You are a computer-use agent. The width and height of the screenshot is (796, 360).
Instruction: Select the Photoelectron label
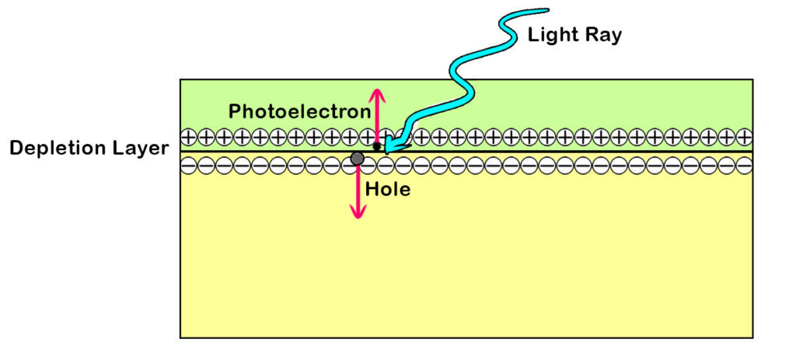299,111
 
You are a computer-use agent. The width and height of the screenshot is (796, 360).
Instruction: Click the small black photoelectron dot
377,146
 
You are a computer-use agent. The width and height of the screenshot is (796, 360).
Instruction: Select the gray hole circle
358,159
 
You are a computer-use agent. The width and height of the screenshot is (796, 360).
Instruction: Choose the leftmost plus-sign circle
188,137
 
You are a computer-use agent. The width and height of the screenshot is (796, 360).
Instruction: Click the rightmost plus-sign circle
744,137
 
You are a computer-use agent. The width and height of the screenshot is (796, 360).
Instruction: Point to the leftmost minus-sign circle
188,165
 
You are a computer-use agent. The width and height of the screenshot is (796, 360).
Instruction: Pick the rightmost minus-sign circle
744,165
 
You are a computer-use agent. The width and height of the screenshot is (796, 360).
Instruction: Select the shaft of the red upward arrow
377,117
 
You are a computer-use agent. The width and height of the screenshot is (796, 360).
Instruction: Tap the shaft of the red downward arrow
358,190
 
